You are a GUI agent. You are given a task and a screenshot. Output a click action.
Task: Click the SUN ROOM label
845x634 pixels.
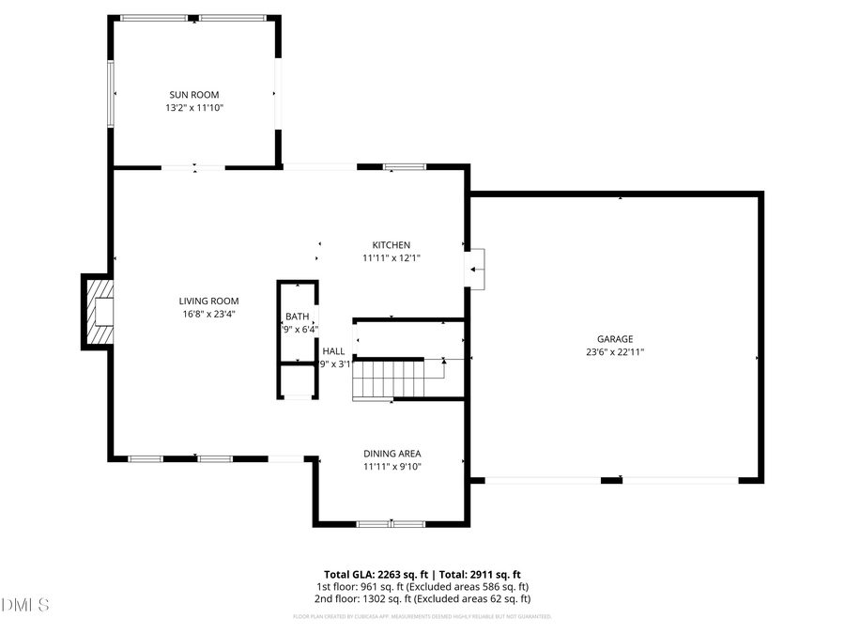[x=194, y=95]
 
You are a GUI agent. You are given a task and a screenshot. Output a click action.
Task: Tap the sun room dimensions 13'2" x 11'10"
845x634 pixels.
[x=194, y=108]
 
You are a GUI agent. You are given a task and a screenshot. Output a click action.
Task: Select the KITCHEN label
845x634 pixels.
[x=391, y=245]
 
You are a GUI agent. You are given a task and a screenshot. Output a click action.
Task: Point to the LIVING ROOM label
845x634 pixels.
[x=208, y=302]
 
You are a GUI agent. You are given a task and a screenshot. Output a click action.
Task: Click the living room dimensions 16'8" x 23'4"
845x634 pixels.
[x=208, y=315]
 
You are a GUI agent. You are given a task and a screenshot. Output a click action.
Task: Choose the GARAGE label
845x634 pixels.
[x=615, y=339]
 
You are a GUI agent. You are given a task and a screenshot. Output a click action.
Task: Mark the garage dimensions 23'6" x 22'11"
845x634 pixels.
[x=615, y=352]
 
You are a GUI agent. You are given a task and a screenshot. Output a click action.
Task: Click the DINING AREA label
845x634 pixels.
[x=392, y=454]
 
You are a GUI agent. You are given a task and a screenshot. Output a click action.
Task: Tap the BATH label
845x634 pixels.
[x=297, y=317]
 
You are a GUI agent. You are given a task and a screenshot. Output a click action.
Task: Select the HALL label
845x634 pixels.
[x=333, y=350]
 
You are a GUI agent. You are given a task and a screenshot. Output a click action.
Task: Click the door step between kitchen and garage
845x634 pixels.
[x=477, y=268]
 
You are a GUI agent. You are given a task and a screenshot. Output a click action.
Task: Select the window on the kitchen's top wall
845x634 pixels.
[x=405, y=167]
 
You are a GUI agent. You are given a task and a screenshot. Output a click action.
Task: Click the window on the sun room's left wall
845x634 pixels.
[x=112, y=94]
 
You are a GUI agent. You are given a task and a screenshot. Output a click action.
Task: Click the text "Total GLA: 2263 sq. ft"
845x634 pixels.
[x=373, y=573]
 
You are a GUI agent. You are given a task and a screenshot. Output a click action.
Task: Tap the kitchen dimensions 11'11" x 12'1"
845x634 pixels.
[x=391, y=258]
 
